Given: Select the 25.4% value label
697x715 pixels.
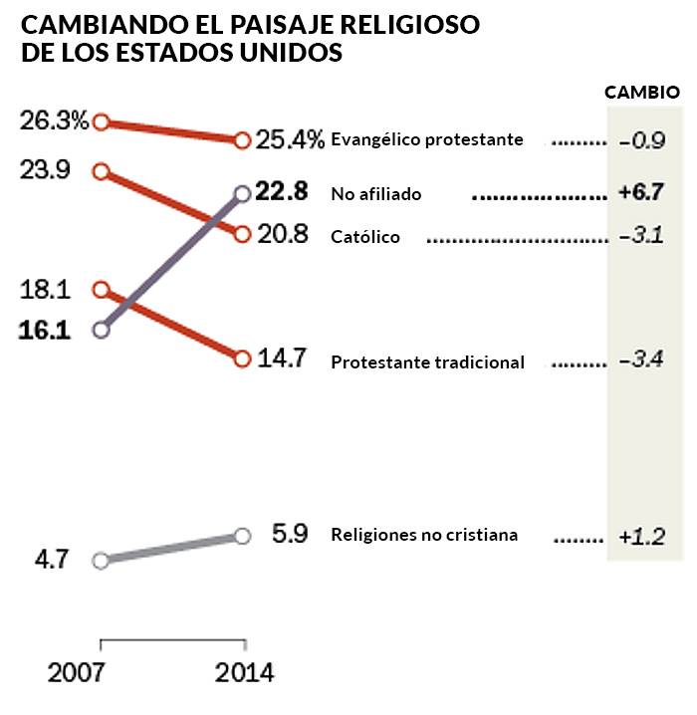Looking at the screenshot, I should click(x=290, y=139).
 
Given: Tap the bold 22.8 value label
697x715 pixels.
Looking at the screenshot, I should click(x=282, y=191).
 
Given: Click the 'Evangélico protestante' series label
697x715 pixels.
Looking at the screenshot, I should click(x=427, y=139).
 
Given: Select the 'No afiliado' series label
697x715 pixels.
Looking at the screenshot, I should click(x=376, y=194).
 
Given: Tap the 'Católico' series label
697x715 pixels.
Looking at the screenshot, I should click(x=365, y=237).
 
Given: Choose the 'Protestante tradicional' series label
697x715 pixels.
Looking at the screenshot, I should click(x=427, y=362).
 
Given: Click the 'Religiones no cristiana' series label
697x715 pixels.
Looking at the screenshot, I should click(x=424, y=535).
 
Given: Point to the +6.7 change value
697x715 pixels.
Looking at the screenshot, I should click(x=641, y=193).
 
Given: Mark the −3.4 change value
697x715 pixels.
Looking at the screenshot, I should click(x=641, y=359).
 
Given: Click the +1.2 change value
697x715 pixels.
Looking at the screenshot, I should click(x=641, y=537).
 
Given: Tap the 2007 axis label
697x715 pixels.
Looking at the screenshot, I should click(x=76, y=674).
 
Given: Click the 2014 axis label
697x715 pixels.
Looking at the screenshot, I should click(x=244, y=674).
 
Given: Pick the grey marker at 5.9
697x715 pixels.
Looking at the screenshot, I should click(x=242, y=536).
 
